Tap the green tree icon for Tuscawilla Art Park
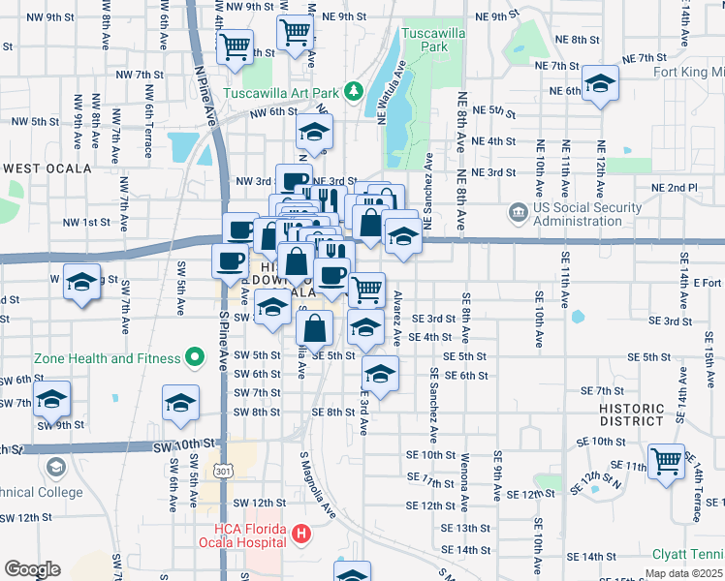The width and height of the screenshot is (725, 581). [356, 92]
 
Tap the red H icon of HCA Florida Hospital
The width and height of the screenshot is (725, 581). [301, 534]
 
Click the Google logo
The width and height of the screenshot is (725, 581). [32, 568]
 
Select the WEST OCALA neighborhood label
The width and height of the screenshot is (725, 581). [47, 168]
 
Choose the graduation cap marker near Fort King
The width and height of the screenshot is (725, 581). [601, 85]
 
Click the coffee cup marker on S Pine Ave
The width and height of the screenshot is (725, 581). [231, 260]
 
